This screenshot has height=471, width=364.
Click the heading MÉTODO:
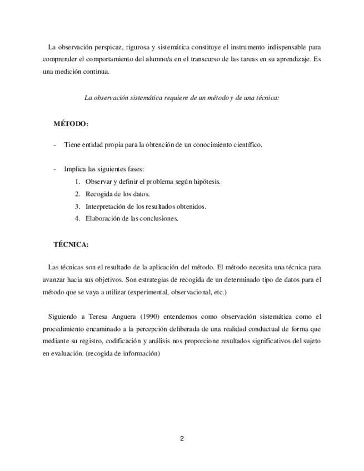(x=71, y=123)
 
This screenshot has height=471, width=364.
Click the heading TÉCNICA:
(x=71, y=244)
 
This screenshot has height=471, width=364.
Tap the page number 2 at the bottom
(x=182, y=438)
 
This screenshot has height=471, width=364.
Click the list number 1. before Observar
(x=77, y=182)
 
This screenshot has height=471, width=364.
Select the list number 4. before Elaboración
(x=77, y=218)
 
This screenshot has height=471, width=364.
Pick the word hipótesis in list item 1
(x=206, y=182)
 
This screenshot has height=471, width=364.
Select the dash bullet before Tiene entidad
(x=54, y=145)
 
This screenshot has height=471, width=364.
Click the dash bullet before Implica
(x=54, y=169)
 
